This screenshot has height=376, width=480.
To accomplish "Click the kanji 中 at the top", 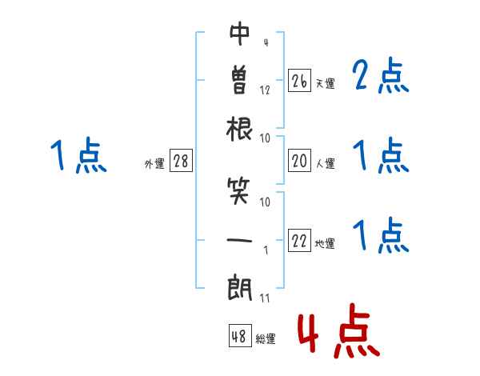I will click(x=240, y=33).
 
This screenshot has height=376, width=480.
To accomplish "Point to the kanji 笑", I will click(x=240, y=191).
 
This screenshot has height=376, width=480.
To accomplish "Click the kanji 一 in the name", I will click(x=240, y=238).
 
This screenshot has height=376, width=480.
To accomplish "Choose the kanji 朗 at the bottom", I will click(x=240, y=286).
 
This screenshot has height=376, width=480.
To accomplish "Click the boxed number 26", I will click(x=299, y=81).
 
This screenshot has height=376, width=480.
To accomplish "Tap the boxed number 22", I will click(x=299, y=241).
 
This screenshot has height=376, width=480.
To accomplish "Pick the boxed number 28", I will click(x=181, y=162).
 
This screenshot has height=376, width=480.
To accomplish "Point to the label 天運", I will click(x=326, y=83).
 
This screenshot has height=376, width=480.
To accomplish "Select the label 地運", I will click(x=326, y=243).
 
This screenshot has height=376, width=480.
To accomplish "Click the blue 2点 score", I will click(x=381, y=76).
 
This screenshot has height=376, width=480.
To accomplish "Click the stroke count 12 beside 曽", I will click(x=265, y=90).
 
